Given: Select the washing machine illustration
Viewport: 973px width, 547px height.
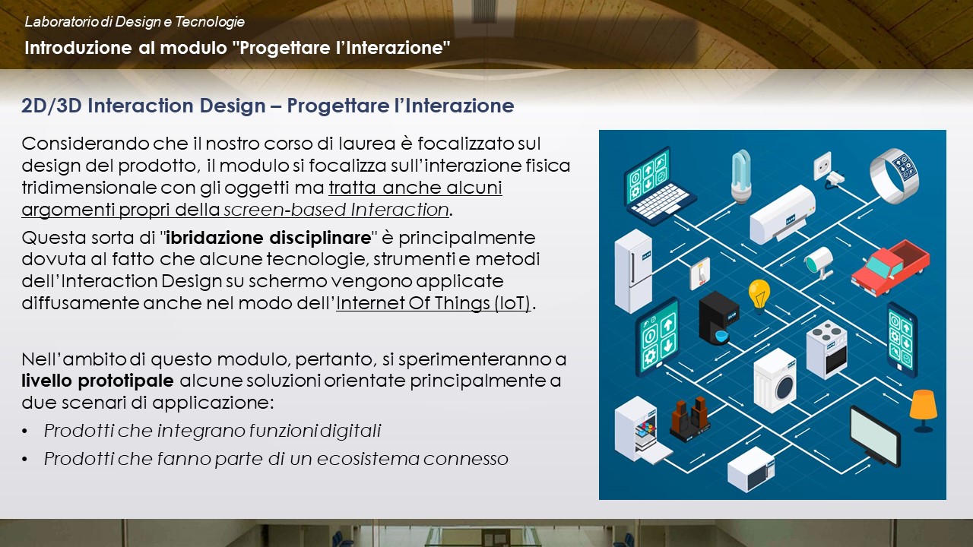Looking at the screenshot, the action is click(x=775, y=381).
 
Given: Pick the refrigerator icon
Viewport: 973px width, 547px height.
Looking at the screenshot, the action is click(x=633, y=271).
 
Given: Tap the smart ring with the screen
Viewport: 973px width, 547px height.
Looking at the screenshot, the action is click(x=895, y=175).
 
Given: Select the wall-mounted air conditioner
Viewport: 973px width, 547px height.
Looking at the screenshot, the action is click(x=782, y=214).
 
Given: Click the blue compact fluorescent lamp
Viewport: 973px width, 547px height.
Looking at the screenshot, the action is click(x=741, y=175).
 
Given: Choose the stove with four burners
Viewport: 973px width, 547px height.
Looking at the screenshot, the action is click(x=826, y=349).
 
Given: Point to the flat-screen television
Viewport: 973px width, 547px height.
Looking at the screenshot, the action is click(x=875, y=436).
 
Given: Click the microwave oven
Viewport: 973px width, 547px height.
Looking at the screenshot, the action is click(x=751, y=470).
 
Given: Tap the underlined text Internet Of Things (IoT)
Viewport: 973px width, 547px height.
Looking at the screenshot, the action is click(x=433, y=303).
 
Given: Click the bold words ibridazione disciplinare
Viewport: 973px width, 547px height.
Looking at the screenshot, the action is click(x=268, y=238).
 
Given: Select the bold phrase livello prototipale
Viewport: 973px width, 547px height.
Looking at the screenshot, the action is click(x=98, y=381).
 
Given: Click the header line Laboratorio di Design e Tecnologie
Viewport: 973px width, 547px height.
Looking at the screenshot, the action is click(x=135, y=22).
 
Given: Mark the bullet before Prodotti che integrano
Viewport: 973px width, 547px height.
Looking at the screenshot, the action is click(x=25, y=432).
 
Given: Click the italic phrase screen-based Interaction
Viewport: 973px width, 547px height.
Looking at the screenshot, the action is click(x=336, y=210).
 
